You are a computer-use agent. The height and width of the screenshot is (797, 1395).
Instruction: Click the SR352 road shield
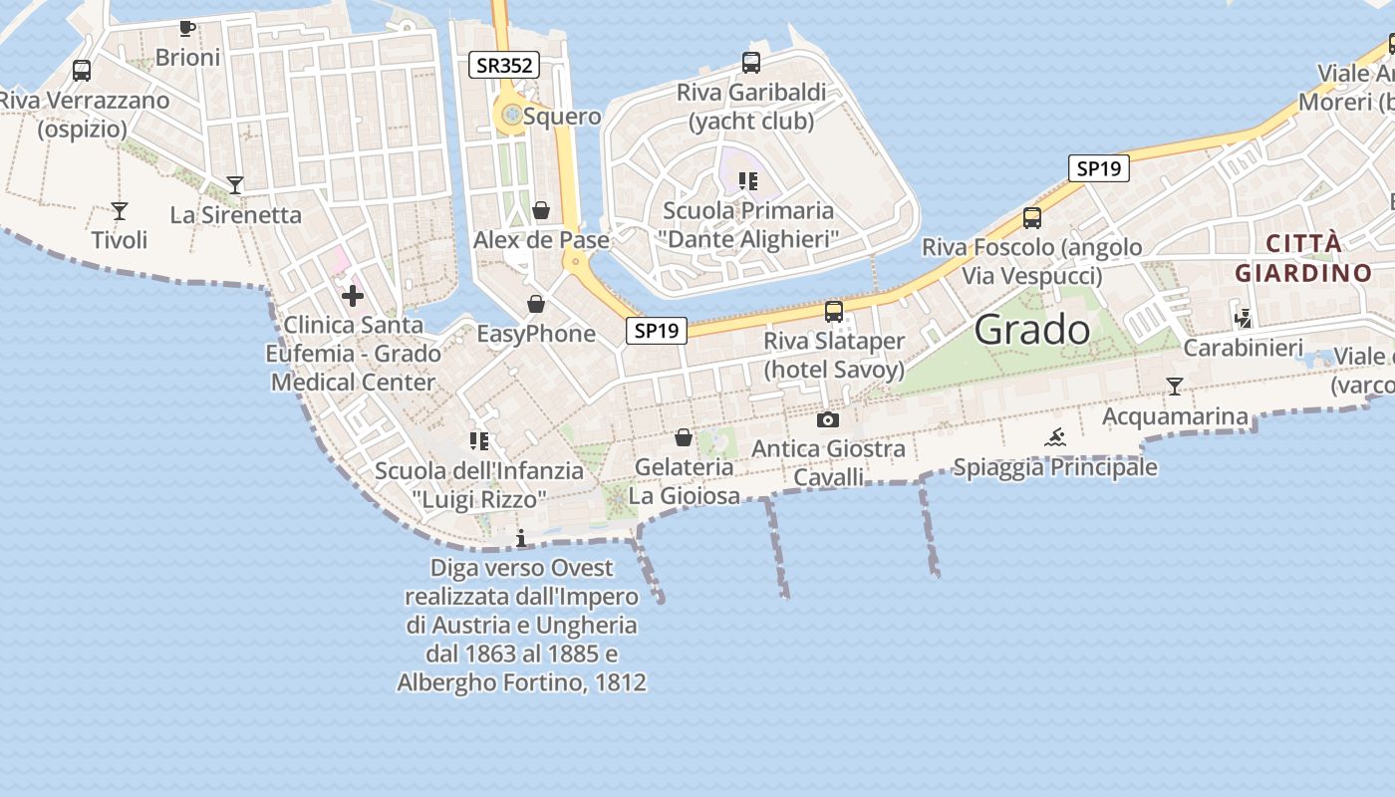[x=504, y=66]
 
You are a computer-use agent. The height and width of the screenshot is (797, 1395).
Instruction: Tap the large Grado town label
[x=1032, y=329]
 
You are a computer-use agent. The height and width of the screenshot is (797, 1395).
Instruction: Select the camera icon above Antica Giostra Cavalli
[x=827, y=419]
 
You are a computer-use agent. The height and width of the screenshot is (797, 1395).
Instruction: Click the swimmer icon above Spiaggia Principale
[x=1055, y=436]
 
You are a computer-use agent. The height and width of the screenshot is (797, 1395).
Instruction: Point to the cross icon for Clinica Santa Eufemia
[x=353, y=295]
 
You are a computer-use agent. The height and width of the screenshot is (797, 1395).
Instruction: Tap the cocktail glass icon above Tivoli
[x=120, y=210]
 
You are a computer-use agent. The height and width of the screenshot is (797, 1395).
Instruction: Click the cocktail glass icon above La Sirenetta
[x=235, y=184]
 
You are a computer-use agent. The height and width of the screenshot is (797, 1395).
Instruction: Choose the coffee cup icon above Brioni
[x=187, y=28]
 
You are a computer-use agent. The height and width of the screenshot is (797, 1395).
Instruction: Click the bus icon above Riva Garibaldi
[x=751, y=63]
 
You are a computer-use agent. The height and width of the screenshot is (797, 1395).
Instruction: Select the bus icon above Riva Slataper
[x=834, y=312]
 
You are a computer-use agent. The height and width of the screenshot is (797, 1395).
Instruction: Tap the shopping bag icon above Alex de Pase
[x=541, y=210]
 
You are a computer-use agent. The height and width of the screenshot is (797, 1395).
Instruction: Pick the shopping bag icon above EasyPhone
[x=536, y=304]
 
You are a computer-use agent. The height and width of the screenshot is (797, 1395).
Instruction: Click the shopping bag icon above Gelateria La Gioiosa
[x=684, y=437]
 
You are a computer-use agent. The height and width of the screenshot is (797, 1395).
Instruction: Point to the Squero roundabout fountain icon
[x=511, y=116]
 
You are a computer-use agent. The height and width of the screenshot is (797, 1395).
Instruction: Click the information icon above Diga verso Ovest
[x=520, y=539]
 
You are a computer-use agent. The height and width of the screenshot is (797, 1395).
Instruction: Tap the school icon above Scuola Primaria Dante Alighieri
[x=748, y=180]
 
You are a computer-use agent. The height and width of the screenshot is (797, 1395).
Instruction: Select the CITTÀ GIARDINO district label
[x=1303, y=258]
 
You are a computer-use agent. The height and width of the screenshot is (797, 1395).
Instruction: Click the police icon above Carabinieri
[x=1243, y=319]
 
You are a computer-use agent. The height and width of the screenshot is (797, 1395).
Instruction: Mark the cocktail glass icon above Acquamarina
[x=1175, y=387]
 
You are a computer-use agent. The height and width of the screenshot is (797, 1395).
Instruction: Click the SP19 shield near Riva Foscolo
[x=1099, y=168]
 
